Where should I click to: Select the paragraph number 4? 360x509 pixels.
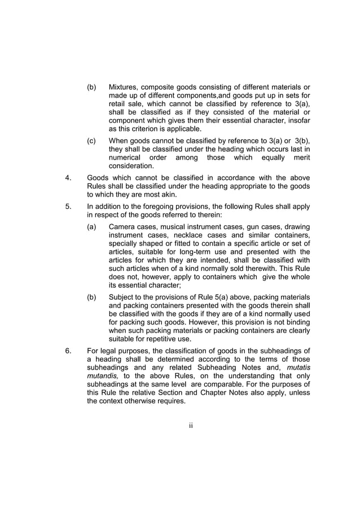[68, 177]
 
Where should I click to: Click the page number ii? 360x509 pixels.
[191, 425]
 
